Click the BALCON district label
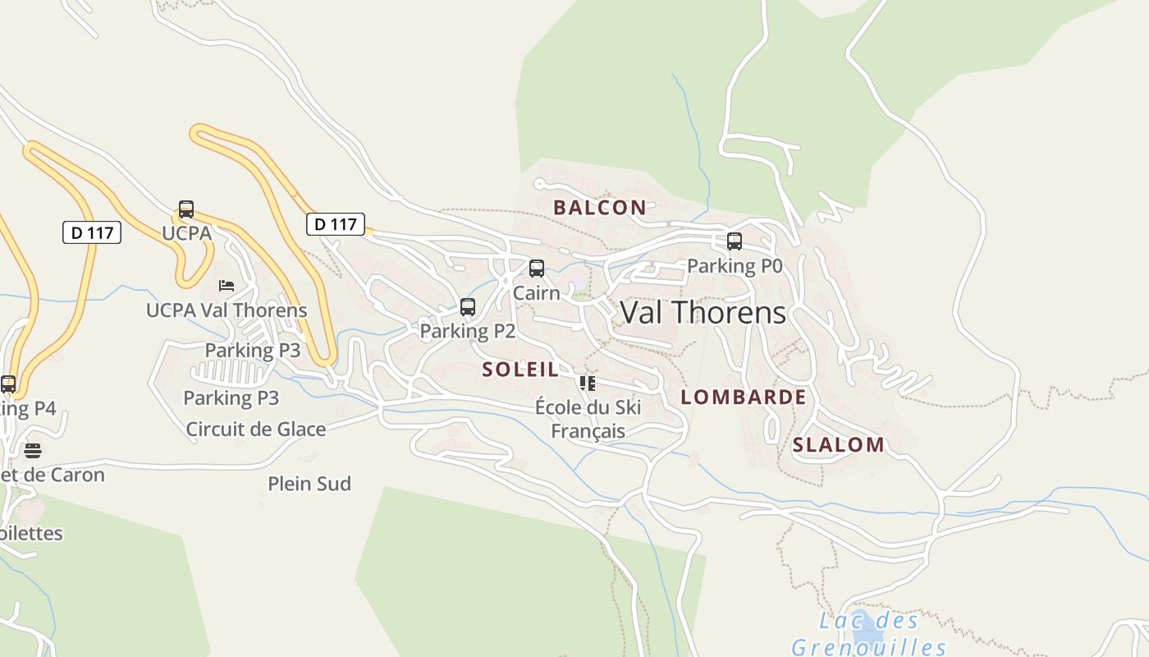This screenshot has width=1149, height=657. pos(599,208)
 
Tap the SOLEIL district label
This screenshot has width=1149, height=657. pos(520,370)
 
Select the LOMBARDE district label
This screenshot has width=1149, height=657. pos(744,397)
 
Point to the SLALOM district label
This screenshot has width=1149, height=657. pos(838,445)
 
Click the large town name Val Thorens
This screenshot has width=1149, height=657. pos(703,313)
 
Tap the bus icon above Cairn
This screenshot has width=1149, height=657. pos(537,269)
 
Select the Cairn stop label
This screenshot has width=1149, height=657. pos(537,293)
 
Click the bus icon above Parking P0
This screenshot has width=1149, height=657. pos(735,241)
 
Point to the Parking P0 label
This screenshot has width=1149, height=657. pos(735,266)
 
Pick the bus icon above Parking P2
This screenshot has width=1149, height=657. pos(468,307)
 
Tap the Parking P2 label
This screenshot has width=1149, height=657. pos(468,331)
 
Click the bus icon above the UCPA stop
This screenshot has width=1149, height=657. pos(186,209)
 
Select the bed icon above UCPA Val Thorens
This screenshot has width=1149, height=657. pos(227,286)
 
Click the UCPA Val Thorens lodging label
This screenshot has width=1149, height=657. pos(227,310)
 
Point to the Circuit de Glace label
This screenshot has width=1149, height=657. pos(256,429)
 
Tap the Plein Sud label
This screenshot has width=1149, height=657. pos(309,484)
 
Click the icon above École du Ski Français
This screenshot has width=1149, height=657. pos(587,384)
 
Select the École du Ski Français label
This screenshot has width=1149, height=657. pos(588,419)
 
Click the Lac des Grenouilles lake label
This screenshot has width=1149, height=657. pos(868,634)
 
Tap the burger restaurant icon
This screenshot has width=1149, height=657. pos(33,450)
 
